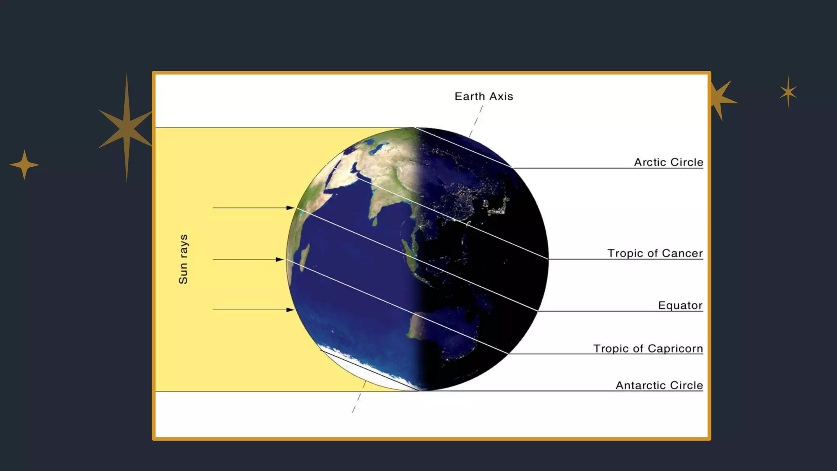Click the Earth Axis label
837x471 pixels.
point(483,96)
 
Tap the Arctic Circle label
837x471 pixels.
point(668,162)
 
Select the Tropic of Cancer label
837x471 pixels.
point(655,253)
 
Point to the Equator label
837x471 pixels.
point(680,305)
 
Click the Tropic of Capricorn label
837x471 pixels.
point(648,348)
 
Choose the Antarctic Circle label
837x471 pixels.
point(659,385)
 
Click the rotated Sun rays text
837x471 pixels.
point(183,259)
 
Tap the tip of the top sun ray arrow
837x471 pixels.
point(293,208)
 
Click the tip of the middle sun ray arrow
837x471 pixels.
point(282,260)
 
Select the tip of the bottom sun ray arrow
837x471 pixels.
point(293,310)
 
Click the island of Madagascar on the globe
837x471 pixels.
point(304,257)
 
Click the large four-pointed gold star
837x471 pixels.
point(127,128)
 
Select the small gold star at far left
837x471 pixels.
point(25,165)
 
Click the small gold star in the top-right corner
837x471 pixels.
point(788,92)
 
